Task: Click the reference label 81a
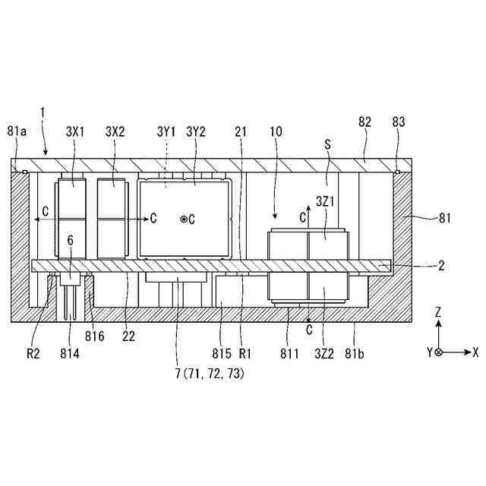[16, 131]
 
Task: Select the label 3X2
[115, 131]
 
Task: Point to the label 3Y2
[196, 131]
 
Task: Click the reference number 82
[364, 122]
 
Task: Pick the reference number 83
[399, 122]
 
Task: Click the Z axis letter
[438, 312]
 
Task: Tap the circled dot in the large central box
[183, 219]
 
